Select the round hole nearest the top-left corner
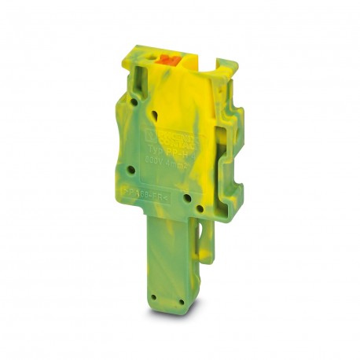point(134,103)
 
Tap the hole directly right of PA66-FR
point(186,199)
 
